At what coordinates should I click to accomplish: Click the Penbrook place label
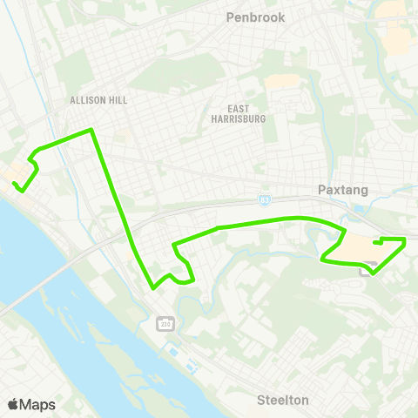point(255,17)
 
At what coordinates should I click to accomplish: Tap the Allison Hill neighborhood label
point(98,100)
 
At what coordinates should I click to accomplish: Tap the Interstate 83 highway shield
point(265,199)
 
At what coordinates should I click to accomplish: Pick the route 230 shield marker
point(165,324)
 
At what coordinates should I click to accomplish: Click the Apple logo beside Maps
point(13,404)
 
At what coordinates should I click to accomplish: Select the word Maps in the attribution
point(37,404)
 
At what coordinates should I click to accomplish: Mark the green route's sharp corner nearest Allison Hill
point(91,131)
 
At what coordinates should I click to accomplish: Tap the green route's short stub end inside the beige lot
point(374,242)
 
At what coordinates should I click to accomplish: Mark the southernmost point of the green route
point(153,287)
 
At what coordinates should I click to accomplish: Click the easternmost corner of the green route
point(406,239)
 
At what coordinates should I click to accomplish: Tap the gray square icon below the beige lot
point(368,267)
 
